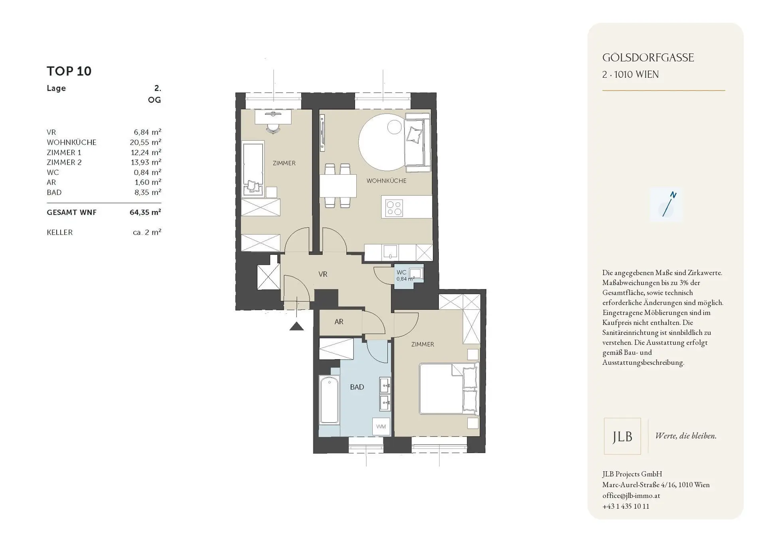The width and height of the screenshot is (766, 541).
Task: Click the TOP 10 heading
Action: (69, 71)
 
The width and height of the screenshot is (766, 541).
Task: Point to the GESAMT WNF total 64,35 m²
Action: (145, 212)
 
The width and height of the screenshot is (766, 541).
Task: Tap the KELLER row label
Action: (60, 232)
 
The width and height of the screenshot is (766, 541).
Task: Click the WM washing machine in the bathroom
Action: (381, 427)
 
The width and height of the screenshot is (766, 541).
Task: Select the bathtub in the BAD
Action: (329, 400)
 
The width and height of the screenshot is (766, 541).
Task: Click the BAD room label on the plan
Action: (357, 387)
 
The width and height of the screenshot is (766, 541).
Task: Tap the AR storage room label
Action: (339, 322)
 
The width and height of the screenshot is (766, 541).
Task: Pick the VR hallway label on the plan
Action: (323, 274)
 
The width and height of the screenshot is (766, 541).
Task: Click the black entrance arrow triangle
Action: (296, 327)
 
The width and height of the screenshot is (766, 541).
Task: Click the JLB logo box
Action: (622, 436)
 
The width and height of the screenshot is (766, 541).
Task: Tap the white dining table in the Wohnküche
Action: (338, 186)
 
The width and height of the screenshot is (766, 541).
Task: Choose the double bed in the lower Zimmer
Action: (448, 389)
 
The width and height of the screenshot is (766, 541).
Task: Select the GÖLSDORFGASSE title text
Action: (648, 58)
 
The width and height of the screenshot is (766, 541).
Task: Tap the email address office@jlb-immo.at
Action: (631, 496)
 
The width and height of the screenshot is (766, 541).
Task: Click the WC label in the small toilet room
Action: (401, 272)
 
